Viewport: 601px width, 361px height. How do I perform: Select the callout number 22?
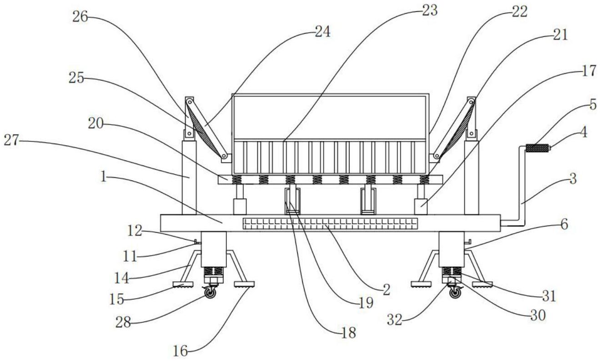point(520,12)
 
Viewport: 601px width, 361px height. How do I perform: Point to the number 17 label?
point(589,71)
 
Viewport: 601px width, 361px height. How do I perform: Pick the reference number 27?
point(11,140)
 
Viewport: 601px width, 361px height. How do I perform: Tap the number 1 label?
point(103,177)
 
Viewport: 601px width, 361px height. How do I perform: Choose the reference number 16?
point(180,351)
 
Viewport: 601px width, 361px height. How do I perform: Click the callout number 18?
point(348,333)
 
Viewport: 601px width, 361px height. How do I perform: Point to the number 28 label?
point(123,322)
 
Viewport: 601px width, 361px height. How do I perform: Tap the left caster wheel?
point(210,293)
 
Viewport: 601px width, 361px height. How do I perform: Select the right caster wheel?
point(455,293)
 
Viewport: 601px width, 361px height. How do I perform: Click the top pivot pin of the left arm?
point(190,102)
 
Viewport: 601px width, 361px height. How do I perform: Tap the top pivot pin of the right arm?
point(471,102)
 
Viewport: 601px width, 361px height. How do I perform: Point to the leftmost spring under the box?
point(236,180)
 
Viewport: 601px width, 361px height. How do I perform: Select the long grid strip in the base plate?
point(330,224)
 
